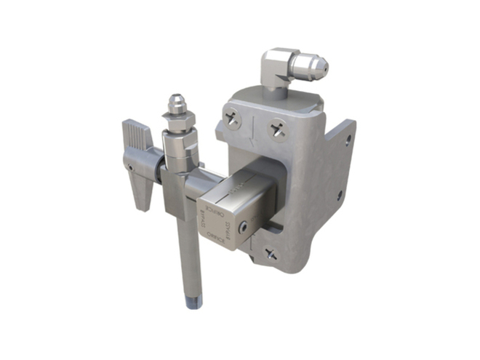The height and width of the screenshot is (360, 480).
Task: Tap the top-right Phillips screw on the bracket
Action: click(277, 130)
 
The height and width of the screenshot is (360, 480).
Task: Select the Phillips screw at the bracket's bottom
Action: click(271, 254)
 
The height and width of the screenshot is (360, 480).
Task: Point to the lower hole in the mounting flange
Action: click(340, 194)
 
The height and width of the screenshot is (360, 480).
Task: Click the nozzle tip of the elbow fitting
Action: click(323, 68)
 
